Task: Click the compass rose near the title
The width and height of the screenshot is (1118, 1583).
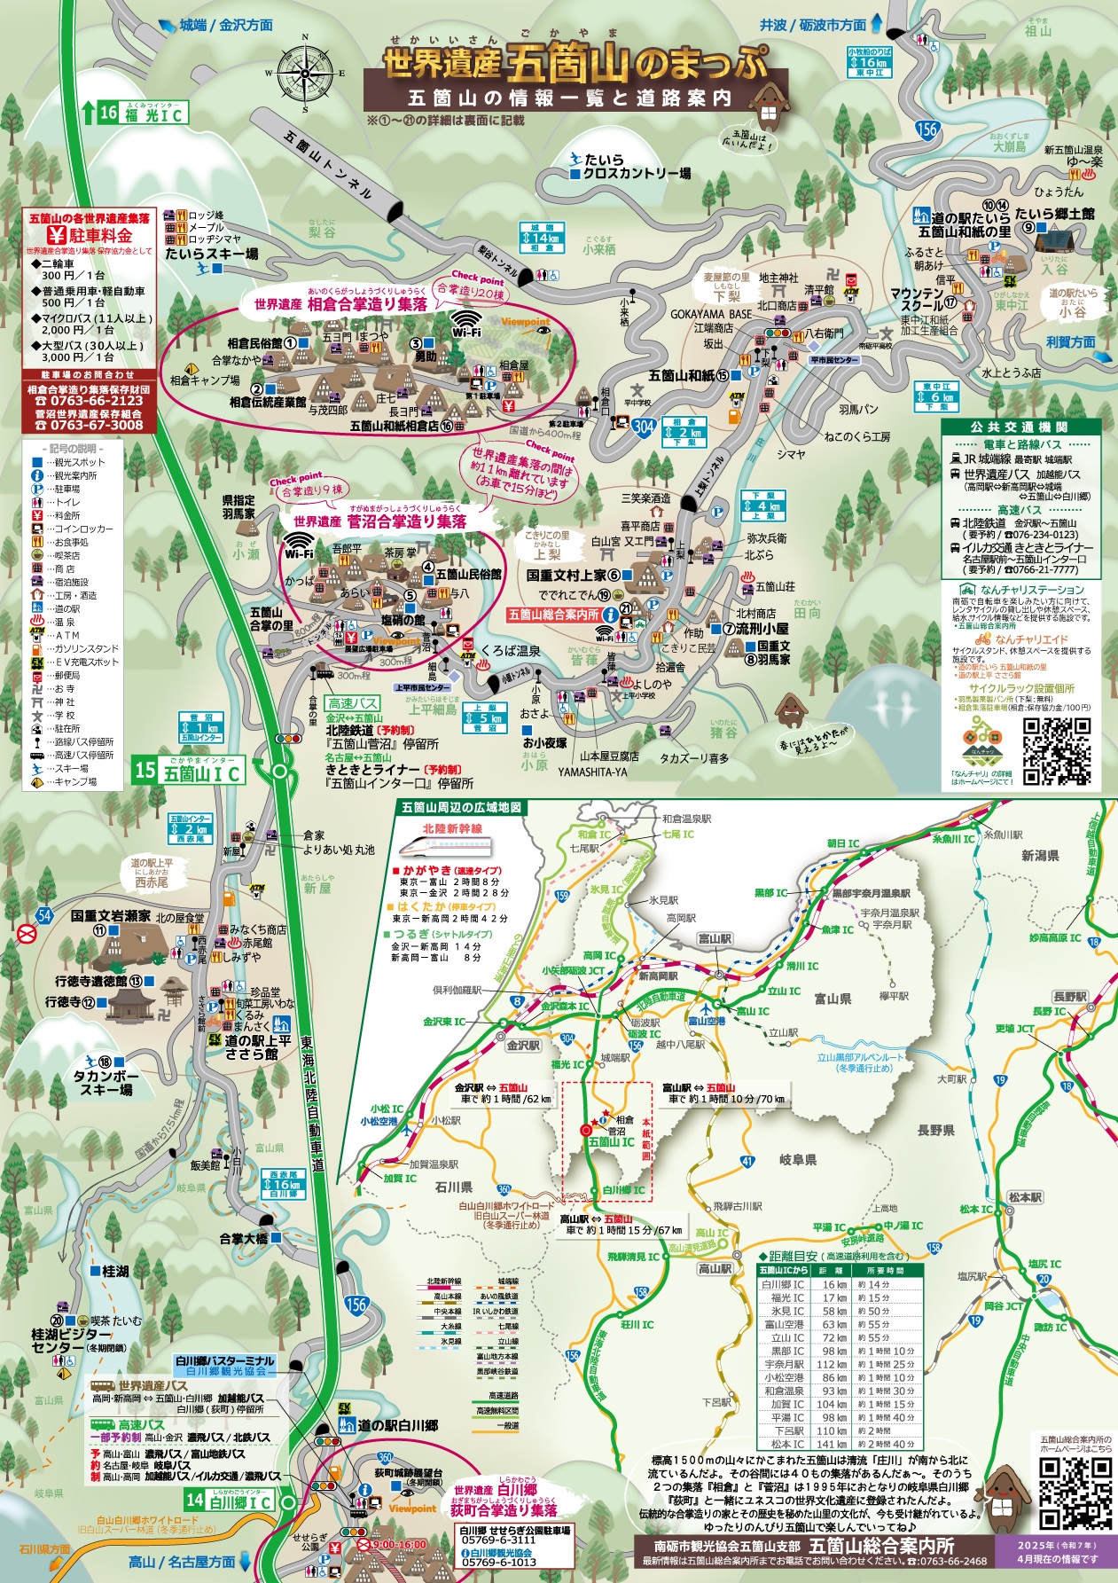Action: (x=305, y=72)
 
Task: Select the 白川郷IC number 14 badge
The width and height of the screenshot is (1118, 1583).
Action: (x=194, y=1501)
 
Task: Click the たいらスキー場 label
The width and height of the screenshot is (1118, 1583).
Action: (x=212, y=255)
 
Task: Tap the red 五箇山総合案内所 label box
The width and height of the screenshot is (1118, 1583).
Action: (x=552, y=614)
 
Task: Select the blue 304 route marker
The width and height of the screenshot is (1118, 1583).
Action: (x=644, y=426)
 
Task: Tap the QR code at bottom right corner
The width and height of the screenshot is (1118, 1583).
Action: (x=1075, y=1493)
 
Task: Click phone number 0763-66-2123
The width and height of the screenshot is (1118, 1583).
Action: (x=89, y=401)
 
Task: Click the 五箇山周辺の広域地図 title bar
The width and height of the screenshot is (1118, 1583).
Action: (x=461, y=808)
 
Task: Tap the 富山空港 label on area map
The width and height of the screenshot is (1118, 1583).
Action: (x=707, y=1021)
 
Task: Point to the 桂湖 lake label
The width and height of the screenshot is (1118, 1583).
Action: (x=115, y=1271)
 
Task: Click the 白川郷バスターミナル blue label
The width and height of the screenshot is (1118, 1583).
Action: (x=225, y=1361)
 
